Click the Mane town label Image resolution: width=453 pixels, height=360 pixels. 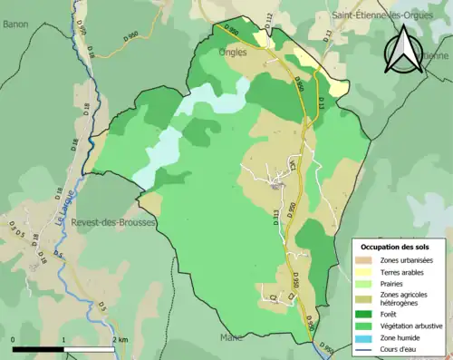pyautogui.click(x=231, y=337)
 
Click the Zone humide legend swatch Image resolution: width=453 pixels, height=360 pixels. pyautogui.click(x=366, y=336)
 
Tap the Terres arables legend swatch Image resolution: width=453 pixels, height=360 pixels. pyautogui.click(x=366, y=271)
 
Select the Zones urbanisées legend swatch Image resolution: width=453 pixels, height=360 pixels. pyautogui.click(x=366, y=260)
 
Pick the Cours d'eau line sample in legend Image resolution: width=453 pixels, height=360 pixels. pyautogui.click(x=366, y=346)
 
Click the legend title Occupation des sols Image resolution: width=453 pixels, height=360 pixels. pyautogui.click(x=397, y=246)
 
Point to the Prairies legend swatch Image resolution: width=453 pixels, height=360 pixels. pyautogui.click(x=366, y=283)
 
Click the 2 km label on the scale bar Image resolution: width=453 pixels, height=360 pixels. pyautogui.click(x=121, y=339)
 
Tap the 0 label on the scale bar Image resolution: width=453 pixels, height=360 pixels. pyautogui.click(x=14, y=339)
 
